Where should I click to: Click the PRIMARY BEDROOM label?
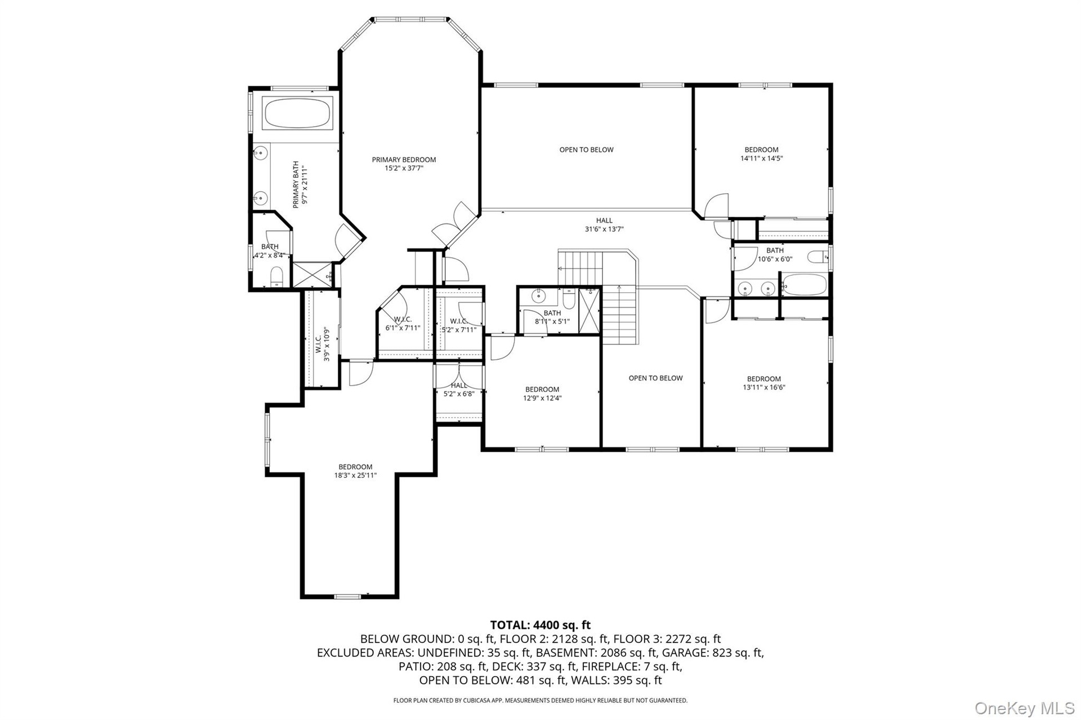(x=404, y=160)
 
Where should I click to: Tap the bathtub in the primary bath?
(x=298, y=114)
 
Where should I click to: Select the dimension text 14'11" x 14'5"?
(x=761, y=159)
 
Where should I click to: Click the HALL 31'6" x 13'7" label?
(x=604, y=225)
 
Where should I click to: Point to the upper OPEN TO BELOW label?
(x=586, y=150)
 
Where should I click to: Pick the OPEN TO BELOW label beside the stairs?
(x=655, y=378)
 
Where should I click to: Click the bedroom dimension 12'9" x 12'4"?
(x=542, y=398)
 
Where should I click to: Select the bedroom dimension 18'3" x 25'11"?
(x=355, y=475)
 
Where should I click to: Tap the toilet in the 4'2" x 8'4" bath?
(x=276, y=277)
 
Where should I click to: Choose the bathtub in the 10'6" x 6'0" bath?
(x=803, y=284)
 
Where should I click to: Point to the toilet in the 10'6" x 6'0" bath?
(x=818, y=257)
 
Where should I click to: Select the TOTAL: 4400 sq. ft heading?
(x=540, y=625)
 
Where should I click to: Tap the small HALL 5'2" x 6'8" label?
(x=459, y=390)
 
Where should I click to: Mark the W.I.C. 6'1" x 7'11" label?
(x=403, y=324)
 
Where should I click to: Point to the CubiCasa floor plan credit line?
(x=540, y=701)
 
